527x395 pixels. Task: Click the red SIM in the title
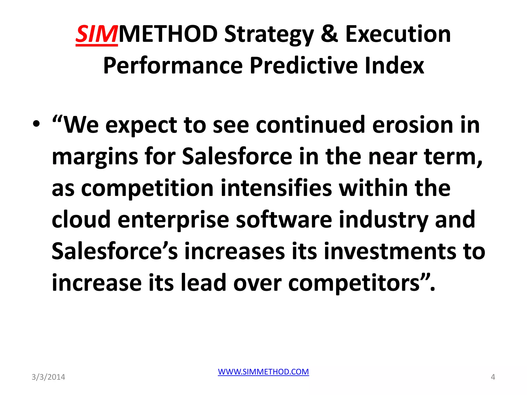96,34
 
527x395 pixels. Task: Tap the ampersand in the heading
329,34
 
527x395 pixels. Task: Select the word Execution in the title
398,34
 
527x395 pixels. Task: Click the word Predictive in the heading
304,66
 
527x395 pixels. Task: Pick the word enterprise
173,220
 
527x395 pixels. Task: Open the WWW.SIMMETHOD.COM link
263,372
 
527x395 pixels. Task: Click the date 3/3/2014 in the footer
48,377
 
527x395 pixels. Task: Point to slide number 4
493,377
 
